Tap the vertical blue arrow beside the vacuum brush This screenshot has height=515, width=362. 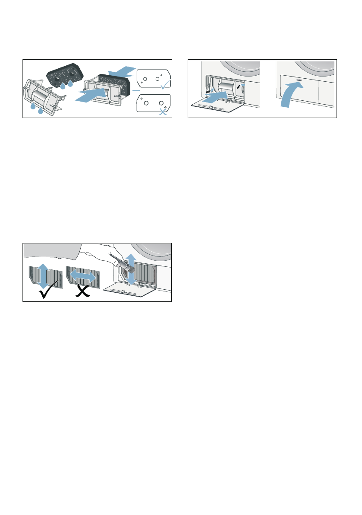(x=131, y=269)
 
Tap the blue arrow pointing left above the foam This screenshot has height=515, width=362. (x=122, y=70)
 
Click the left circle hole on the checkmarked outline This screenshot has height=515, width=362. (x=145, y=80)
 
